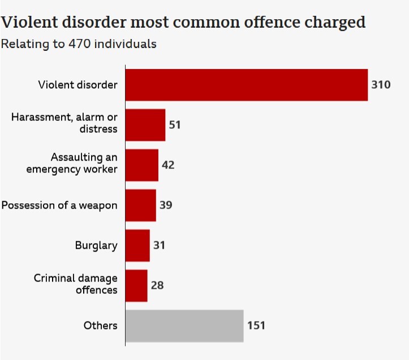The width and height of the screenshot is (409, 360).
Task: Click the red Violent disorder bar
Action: [x=246, y=85]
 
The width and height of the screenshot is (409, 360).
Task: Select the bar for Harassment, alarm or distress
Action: [x=145, y=125]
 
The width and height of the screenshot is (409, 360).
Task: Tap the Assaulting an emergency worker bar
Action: [x=141, y=165]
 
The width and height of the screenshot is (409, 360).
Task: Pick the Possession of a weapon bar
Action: [x=140, y=205]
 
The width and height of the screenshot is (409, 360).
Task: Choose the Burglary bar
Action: [x=137, y=245]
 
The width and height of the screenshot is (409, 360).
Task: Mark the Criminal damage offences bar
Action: [x=136, y=285]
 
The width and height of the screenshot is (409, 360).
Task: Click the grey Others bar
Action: [x=184, y=326]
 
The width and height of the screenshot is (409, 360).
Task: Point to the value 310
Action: [x=381, y=85]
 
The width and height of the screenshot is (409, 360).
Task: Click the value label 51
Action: [x=174, y=125]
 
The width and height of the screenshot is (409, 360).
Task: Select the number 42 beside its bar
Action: [x=168, y=165]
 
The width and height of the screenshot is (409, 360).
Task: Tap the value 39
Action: [x=165, y=205]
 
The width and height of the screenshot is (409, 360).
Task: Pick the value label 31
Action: [x=159, y=245]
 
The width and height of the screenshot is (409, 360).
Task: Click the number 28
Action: [x=157, y=285]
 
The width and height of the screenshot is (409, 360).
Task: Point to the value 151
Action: [x=256, y=326]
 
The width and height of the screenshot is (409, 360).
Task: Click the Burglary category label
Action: [x=96, y=245]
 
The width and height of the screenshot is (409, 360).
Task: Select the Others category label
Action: [x=100, y=326]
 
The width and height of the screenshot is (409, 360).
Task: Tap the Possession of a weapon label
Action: [x=59, y=205]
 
